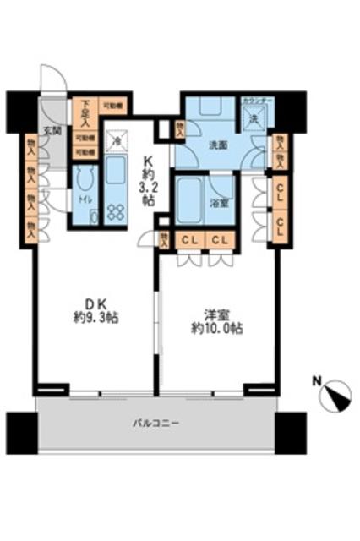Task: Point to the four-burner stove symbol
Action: click(114, 212)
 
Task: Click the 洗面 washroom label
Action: click(219, 145)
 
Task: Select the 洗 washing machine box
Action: click(256, 120)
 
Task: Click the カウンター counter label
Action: click(257, 101)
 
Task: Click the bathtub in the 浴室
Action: click(190, 200)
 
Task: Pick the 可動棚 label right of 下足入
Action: click(110, 106)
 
